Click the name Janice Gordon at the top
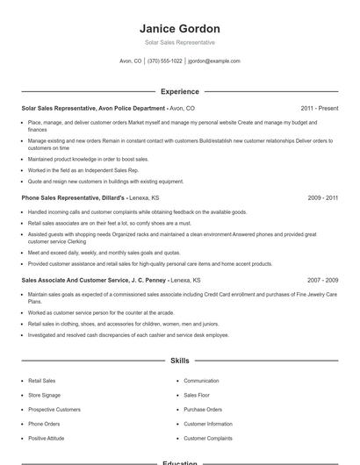[x=179, y=28]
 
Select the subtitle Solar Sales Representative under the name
[x=179, y=42]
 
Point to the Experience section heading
[x=179, y=91]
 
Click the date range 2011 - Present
[x=319, y=108]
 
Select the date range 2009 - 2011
[x=322, y=198]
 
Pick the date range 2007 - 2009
[x=322, y=280]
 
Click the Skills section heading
[x=179, y=361]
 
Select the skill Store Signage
[x=46, y=396]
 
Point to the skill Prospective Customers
[x=54, y=410]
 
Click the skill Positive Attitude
[x=48, y=438]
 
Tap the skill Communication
[x=201, y=382]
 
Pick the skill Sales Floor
[x=197, y=396]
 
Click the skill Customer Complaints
[x=208, y=438]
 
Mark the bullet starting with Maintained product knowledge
[x=89, y=159]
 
